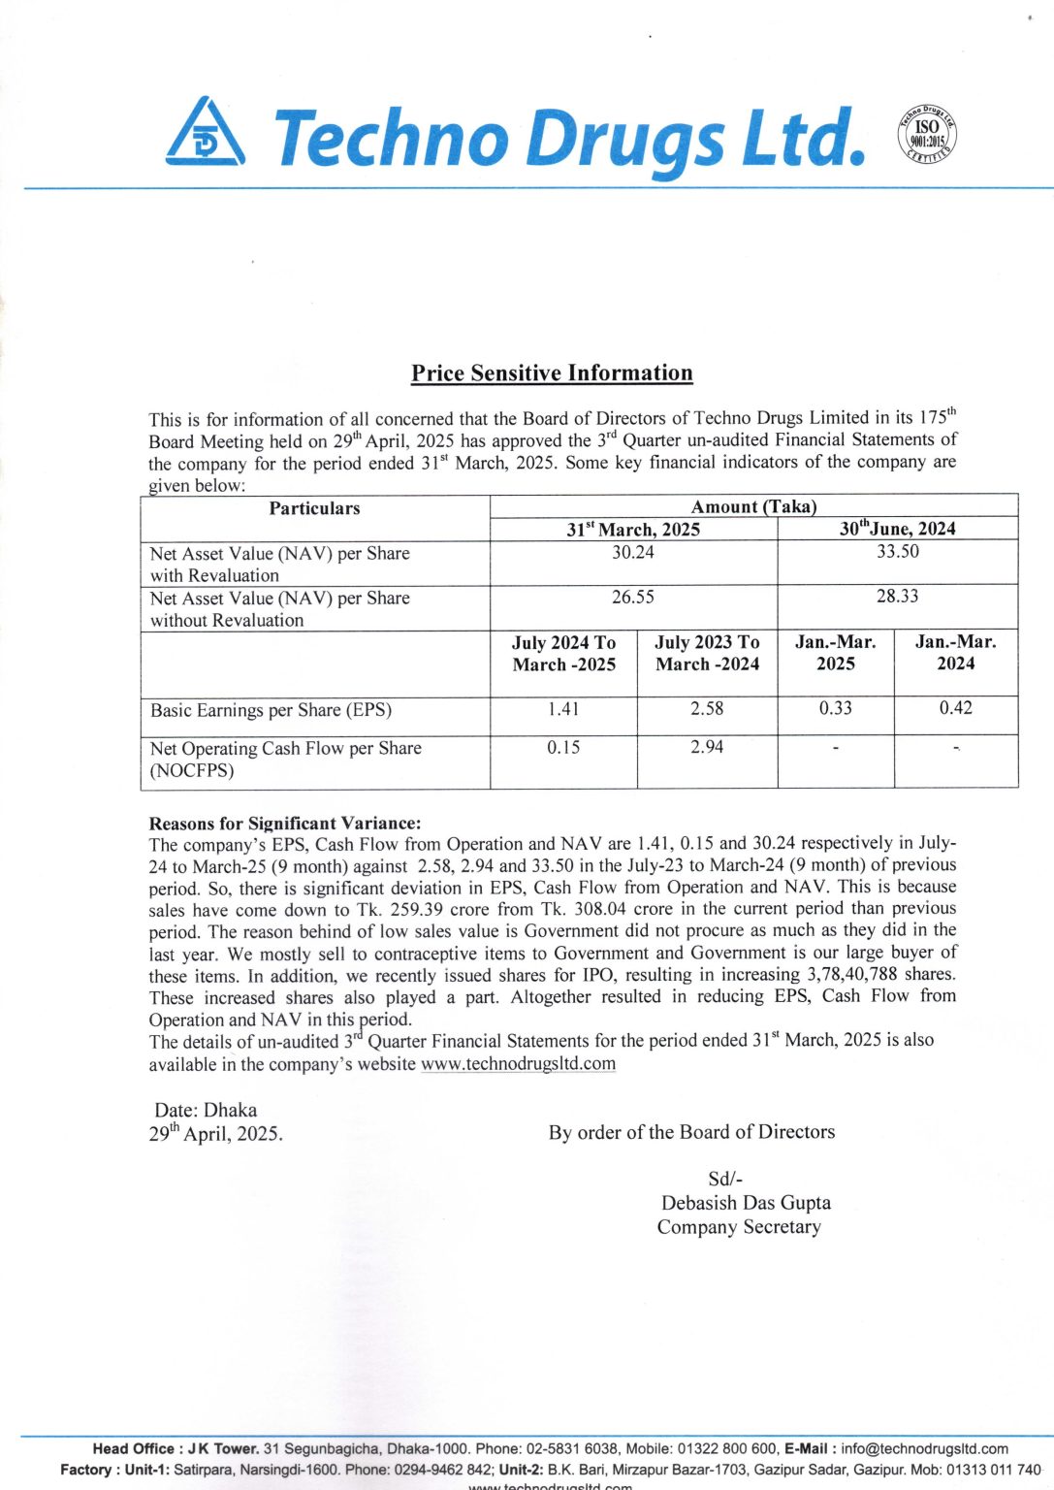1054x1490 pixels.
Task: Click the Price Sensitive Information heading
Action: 552,373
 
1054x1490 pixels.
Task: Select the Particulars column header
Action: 314,508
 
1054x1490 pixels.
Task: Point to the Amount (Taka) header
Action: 753,506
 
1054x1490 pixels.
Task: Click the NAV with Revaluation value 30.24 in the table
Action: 632,552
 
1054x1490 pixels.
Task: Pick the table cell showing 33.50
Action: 897,551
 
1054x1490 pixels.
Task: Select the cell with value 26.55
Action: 632,598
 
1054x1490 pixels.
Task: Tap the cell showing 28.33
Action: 897,596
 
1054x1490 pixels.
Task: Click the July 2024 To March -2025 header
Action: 563,654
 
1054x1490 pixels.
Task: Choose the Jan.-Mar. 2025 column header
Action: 835,653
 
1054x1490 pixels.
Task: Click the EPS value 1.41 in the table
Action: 563,709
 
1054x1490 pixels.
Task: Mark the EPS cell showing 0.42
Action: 955,708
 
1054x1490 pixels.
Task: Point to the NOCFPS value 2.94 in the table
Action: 707,747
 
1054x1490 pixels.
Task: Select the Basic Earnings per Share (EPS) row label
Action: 271,710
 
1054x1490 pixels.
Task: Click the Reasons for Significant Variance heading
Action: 285,824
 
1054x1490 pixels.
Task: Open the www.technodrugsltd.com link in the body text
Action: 518,1063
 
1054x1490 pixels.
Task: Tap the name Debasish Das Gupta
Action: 746,1203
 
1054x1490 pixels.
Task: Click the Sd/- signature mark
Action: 725,1180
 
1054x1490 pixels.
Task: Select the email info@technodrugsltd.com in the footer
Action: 924,1448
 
